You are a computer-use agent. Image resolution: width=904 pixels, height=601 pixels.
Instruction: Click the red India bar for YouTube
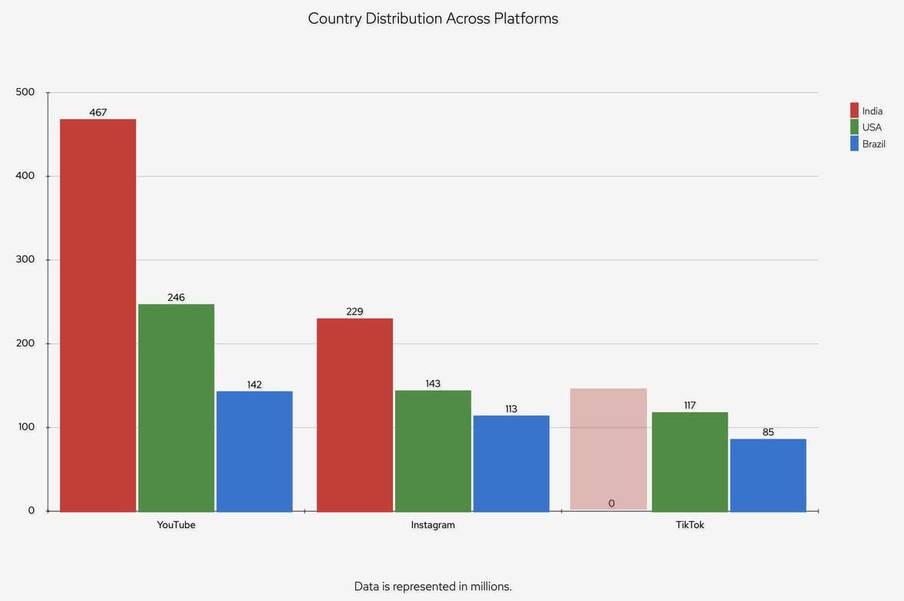click(98, 315)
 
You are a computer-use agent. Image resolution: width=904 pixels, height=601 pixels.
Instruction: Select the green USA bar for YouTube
click(177, 407)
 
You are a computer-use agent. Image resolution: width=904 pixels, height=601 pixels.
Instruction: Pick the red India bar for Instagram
click(355, 414)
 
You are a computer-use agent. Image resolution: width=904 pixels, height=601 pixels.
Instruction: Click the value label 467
click(98, 113)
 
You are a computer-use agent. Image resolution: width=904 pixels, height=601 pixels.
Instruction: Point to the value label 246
click(177, 298)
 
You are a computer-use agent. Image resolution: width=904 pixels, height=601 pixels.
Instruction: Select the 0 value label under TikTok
click(612, 504)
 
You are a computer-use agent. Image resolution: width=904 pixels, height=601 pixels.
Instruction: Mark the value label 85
click(768, 433)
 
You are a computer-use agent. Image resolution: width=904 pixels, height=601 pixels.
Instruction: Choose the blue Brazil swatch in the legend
click(854, 144)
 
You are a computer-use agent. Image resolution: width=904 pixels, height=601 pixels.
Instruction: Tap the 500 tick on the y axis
click(25, 92)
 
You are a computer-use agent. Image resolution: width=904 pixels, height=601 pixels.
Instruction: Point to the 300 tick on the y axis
click(25, 259)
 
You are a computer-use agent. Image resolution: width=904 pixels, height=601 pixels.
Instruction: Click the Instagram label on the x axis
click(433, 525)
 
